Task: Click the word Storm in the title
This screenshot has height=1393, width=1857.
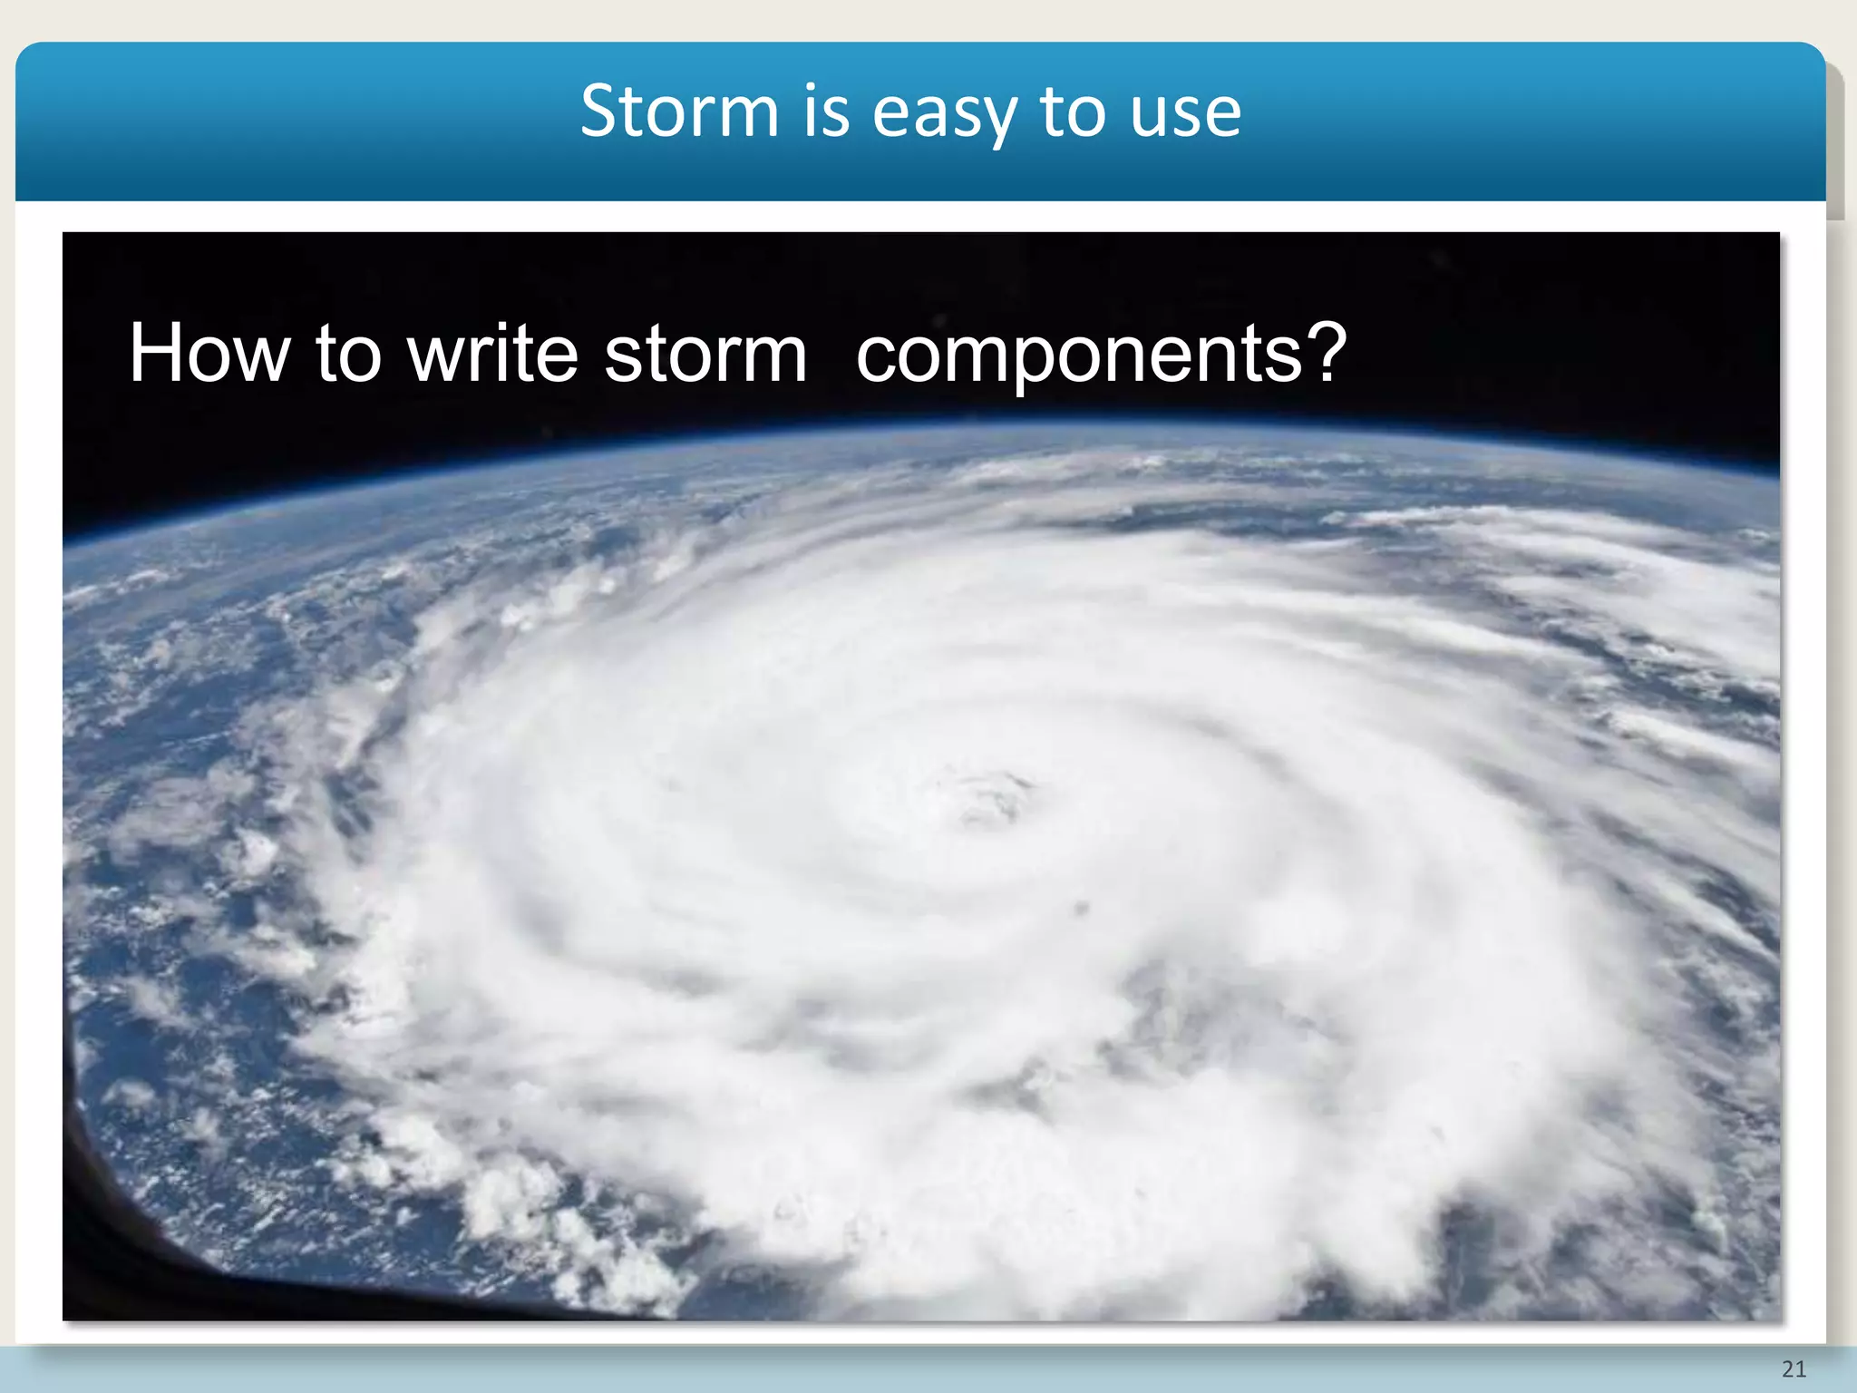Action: [679, 112]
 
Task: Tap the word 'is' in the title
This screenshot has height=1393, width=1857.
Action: [826, 112]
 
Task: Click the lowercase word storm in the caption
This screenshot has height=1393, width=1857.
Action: [705, 356]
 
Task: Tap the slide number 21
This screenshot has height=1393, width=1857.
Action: [1794, 1369]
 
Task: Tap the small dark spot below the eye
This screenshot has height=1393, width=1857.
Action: [1081, 907]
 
